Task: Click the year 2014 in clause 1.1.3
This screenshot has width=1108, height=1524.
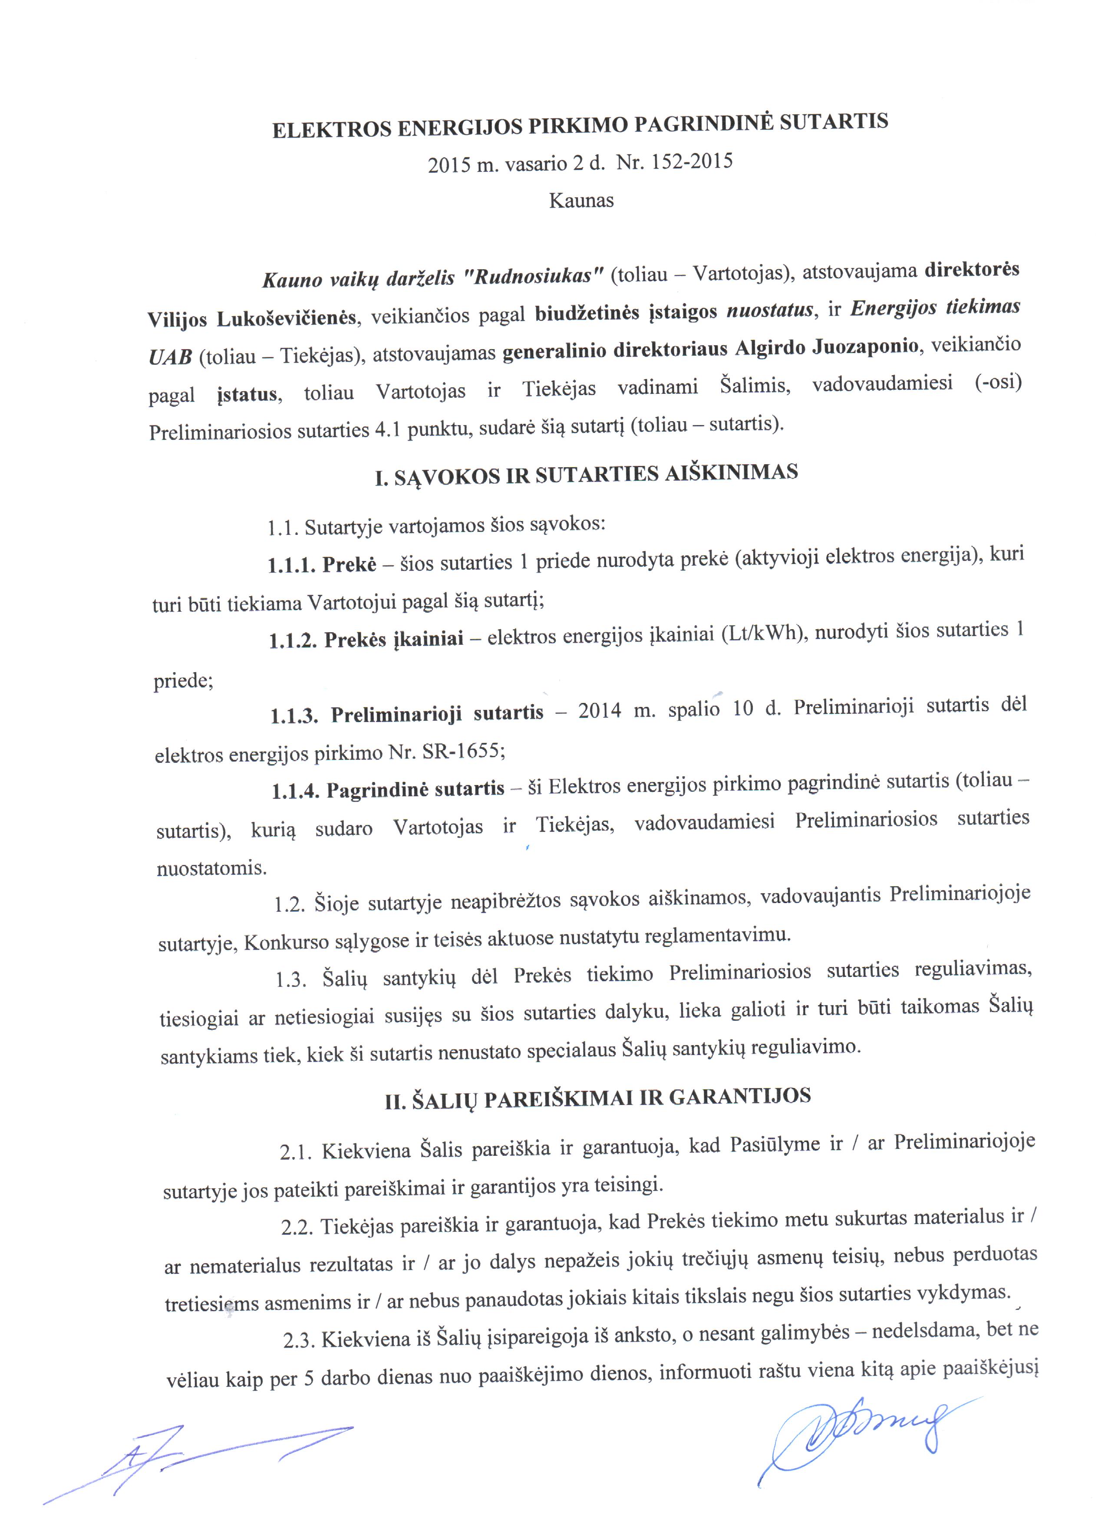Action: [x=599, y=711]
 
